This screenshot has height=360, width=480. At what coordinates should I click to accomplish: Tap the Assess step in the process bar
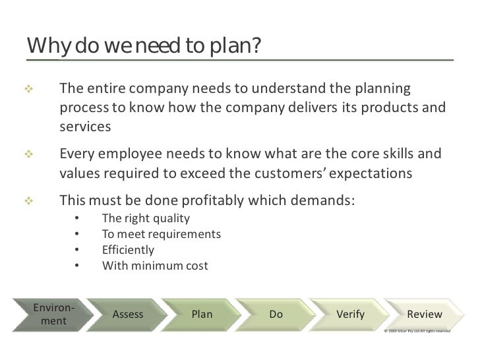[x=128, y=315]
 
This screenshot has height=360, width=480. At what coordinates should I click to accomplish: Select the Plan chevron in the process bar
[x=202, y=315]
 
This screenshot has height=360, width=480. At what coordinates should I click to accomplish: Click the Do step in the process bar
[x=276, y=315]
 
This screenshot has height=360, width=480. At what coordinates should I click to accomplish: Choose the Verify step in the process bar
[x=350, y=315]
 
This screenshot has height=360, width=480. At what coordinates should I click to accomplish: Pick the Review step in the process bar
[x=425, y=315]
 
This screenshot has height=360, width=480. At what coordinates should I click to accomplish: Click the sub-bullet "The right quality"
[x=146, y=218]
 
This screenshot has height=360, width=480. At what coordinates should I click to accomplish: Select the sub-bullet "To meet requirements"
[x=162, y=234]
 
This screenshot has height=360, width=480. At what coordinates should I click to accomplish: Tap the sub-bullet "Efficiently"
[x=129, y=250]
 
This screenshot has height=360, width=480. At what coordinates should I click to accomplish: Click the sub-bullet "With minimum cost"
[x=155, y=266]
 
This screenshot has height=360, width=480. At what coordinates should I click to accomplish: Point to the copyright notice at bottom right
[x=417, y=330]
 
